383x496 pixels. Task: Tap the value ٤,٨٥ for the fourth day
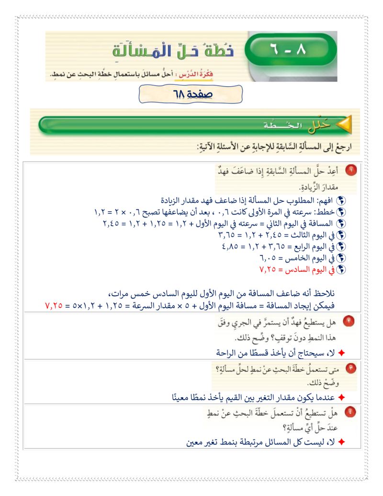232,247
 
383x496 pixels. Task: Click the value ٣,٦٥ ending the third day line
227,235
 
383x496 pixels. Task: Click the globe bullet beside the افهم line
341,201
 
